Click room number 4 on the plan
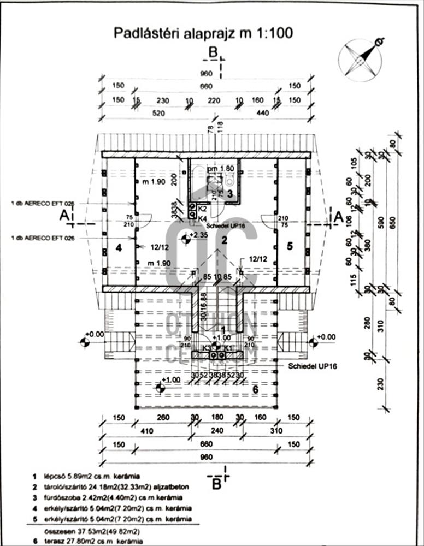(x=117, y=247)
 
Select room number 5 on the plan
(x=290, y=246)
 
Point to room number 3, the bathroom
(x=230, y=193)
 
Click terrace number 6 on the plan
(x=255, y=389)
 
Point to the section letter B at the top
(x=214, y=52)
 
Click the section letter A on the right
(x=337, y=217)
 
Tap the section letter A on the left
(x=64, y=216)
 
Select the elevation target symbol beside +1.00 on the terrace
(x=160, y=388)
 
